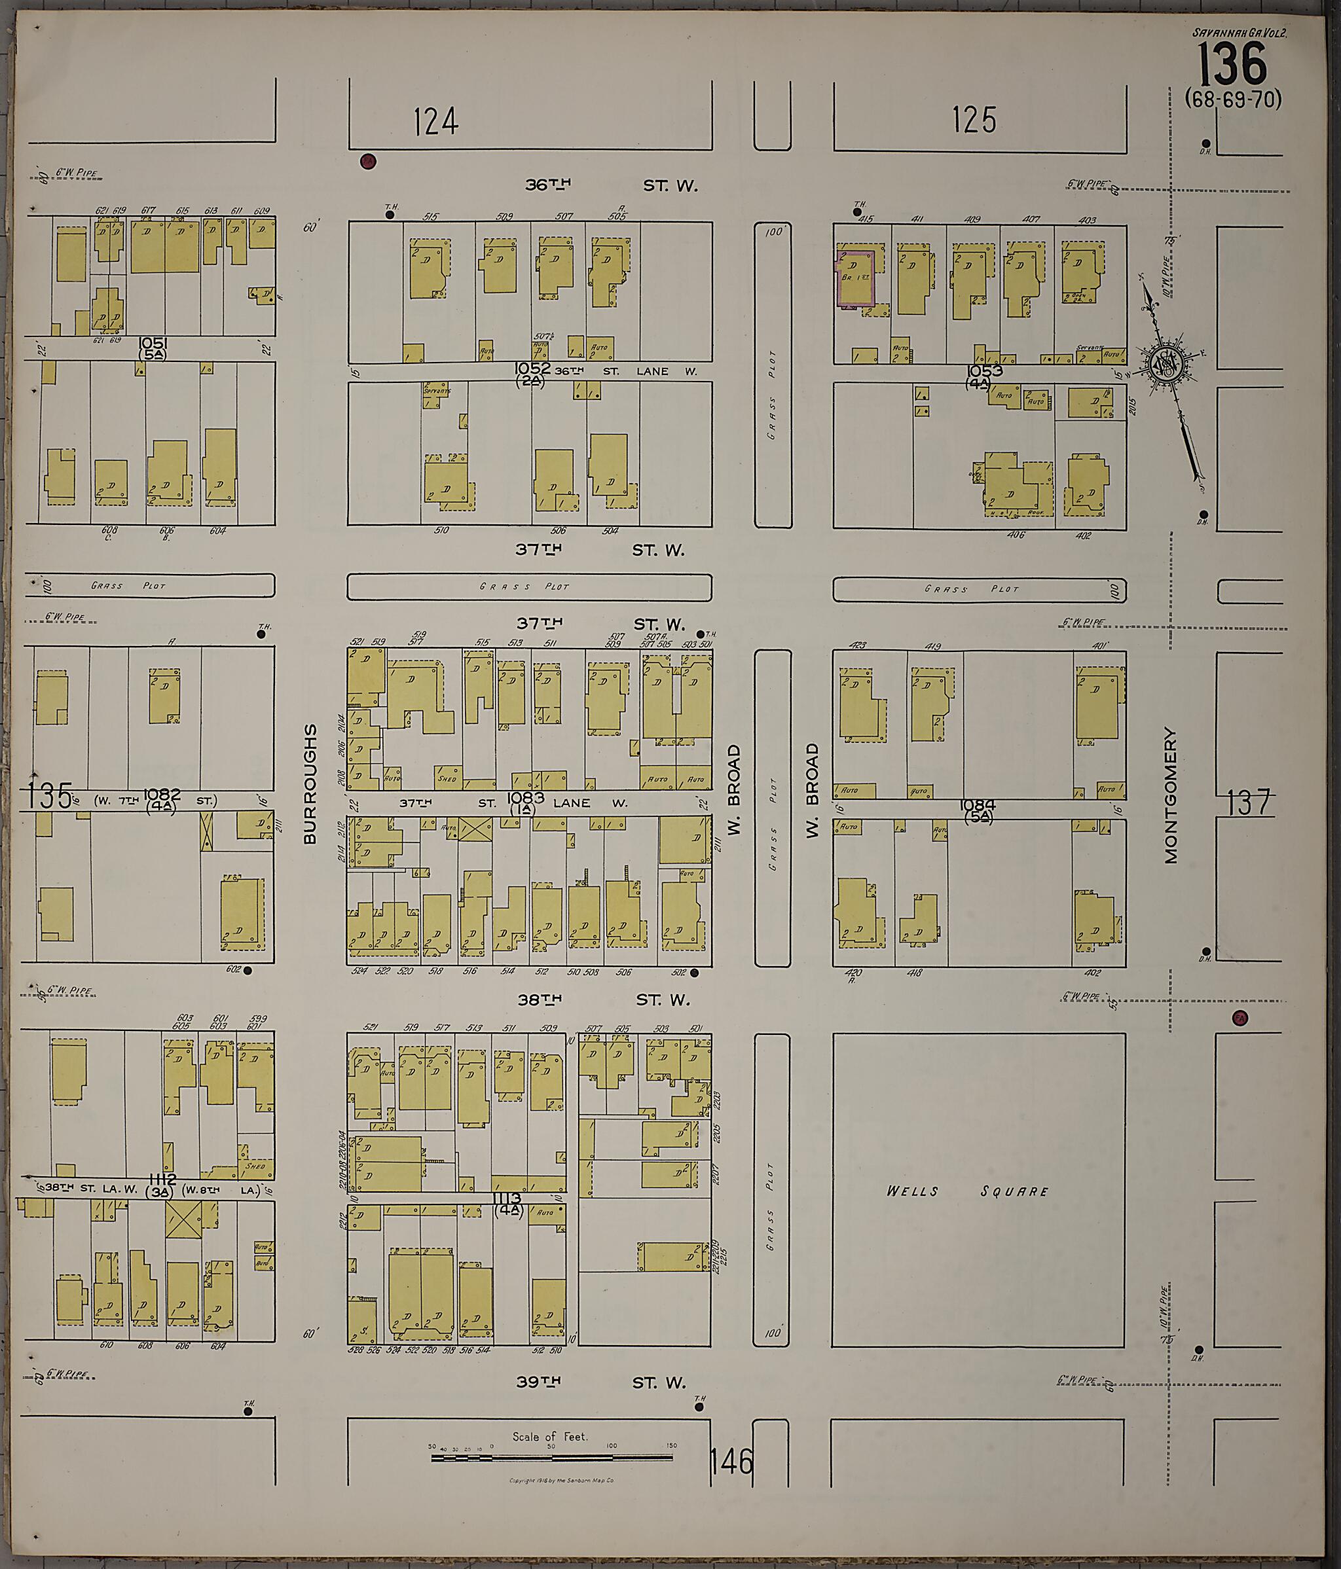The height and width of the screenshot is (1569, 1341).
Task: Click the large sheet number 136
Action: (x=1233, y=64)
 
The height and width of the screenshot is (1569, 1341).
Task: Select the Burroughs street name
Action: (x=310, y=784)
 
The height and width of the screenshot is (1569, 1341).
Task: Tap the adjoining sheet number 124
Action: (x=436, y=121)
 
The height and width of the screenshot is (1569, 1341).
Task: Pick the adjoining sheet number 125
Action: (x=974, y=120)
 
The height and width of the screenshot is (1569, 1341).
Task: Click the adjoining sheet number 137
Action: (x=1247, y=803)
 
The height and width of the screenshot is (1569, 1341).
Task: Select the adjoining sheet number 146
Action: (x=732, y=1462)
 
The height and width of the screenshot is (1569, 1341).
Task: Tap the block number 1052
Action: (x=532, y=368)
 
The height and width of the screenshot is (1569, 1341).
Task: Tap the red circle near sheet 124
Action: (x=368, y=160)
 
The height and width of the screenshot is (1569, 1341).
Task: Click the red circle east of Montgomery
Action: (x=1240, y=1019)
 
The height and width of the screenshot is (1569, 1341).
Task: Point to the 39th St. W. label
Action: (x=602, y=1382)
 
